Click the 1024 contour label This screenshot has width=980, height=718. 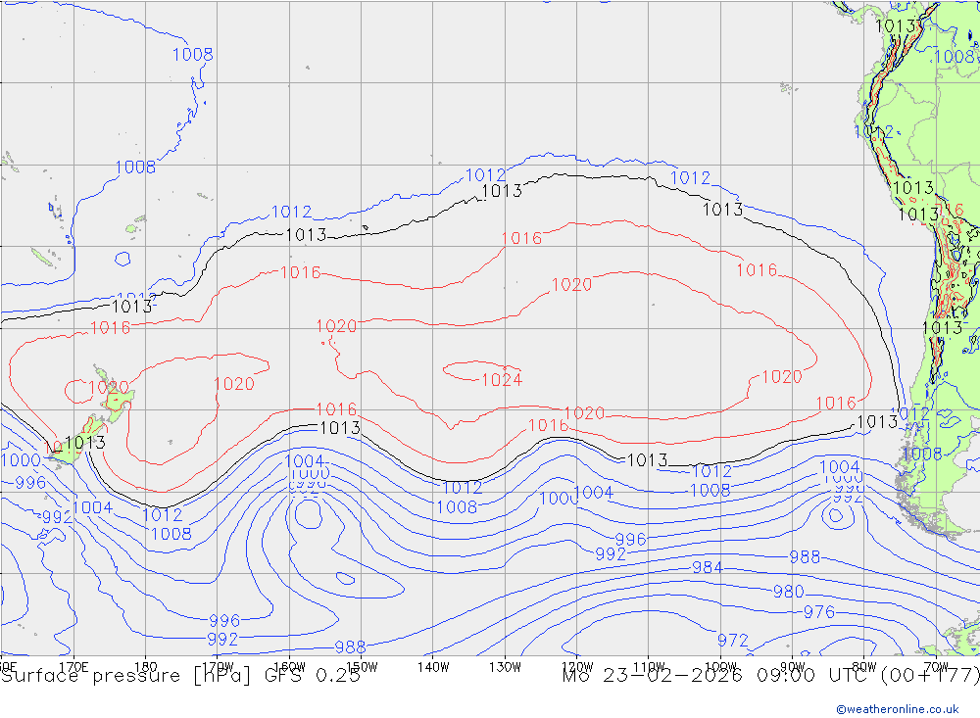click(x=501, y=380)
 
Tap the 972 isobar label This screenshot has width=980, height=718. click(x=732, y=641)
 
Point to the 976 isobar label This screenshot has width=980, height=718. click(x=819, y=612)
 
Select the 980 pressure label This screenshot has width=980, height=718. click(x=788, y=592)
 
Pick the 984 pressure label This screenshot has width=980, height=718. click(x=707, y=568)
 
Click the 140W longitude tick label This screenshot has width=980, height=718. click(x=432, y=667)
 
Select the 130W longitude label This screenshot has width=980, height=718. click(x=505, y=667)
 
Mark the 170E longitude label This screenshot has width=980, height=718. click(x=74, y=667)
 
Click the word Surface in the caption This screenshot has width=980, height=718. click(x=37, y=676)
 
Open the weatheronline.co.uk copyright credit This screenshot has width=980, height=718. click(x=897, y=709)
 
